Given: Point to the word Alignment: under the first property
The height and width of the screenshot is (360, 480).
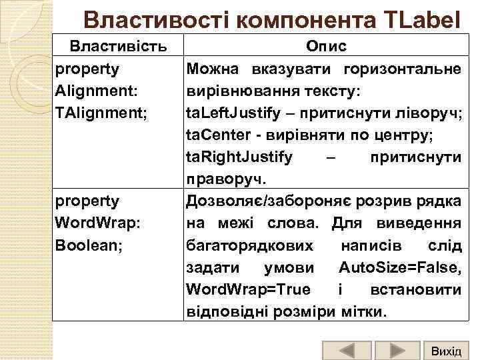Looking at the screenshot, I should pyautogui.click(x=97, y=91).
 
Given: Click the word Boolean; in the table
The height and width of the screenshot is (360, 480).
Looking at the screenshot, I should pyautogui.click(x=89, y=245).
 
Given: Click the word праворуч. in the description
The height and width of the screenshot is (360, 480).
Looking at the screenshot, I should pyautogui.click(x=227, y=179).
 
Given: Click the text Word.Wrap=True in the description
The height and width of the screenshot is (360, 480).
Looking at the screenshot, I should pyautogui.click(x=249, y=289).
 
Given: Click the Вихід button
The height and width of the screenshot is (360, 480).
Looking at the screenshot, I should pyautogui.click(x=446, y=351).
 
